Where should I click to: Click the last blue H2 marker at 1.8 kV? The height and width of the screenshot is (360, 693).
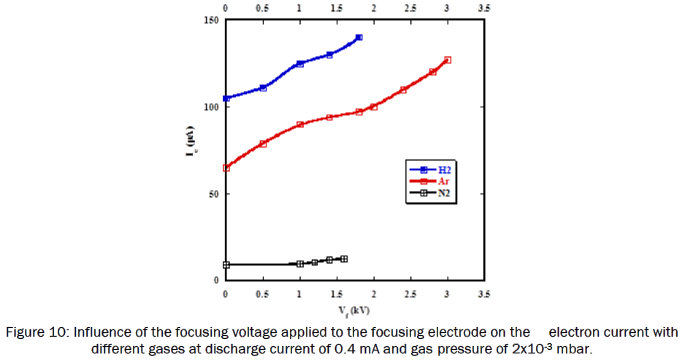359,37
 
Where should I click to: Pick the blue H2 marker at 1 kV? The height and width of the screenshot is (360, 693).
300,64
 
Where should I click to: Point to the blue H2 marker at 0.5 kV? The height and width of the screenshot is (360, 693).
263,88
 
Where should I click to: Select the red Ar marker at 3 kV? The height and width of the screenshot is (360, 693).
448,60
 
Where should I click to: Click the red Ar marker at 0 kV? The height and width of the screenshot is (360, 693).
226,168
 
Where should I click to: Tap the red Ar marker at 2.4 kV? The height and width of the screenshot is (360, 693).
403,90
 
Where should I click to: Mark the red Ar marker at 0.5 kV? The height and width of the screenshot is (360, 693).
263,144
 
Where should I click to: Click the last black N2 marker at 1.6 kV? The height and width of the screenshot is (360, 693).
344,259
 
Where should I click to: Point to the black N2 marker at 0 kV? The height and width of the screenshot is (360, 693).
226,265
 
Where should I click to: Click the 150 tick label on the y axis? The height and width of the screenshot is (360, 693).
211,20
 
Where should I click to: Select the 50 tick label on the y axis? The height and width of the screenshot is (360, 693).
213,194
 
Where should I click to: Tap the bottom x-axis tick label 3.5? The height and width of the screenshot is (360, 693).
484,294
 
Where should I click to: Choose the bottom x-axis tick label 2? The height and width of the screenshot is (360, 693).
374,294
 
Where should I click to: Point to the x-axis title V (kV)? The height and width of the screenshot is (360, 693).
354,310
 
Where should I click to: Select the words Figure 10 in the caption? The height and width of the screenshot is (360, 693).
35,333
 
